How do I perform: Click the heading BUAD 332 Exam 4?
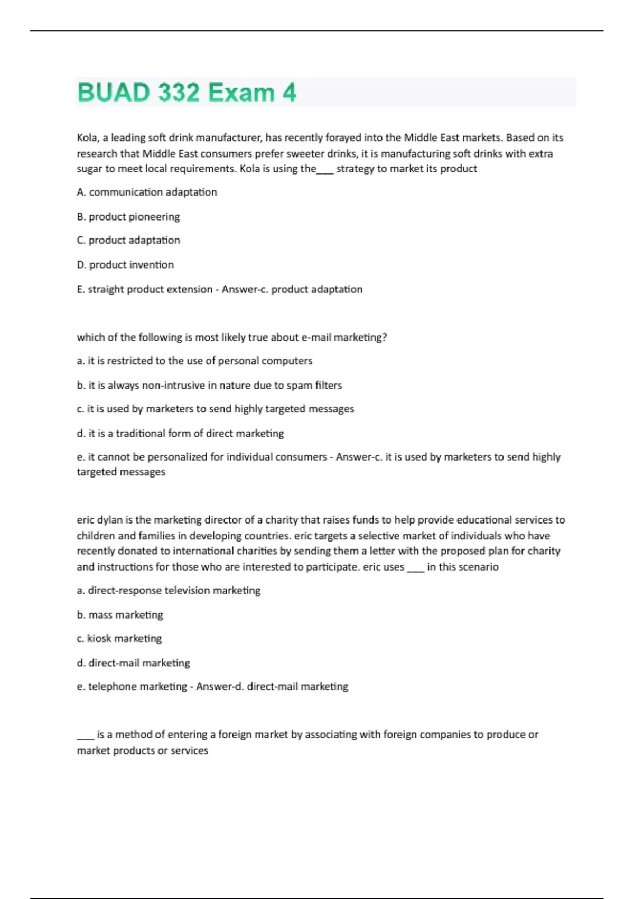187,93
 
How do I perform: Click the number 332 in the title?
178,93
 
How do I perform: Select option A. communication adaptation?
147,192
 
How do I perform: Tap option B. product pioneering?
128,216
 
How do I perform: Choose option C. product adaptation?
128,240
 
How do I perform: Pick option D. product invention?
125,264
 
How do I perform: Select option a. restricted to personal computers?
194,361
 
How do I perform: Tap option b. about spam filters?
209,385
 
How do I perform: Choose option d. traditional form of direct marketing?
180,433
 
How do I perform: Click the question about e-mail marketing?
231,337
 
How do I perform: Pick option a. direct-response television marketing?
169,590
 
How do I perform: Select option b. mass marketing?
120,614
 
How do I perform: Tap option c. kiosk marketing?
119,638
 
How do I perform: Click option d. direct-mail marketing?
133,663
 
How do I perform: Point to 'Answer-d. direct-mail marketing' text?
272,686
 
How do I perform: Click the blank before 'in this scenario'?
416,568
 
